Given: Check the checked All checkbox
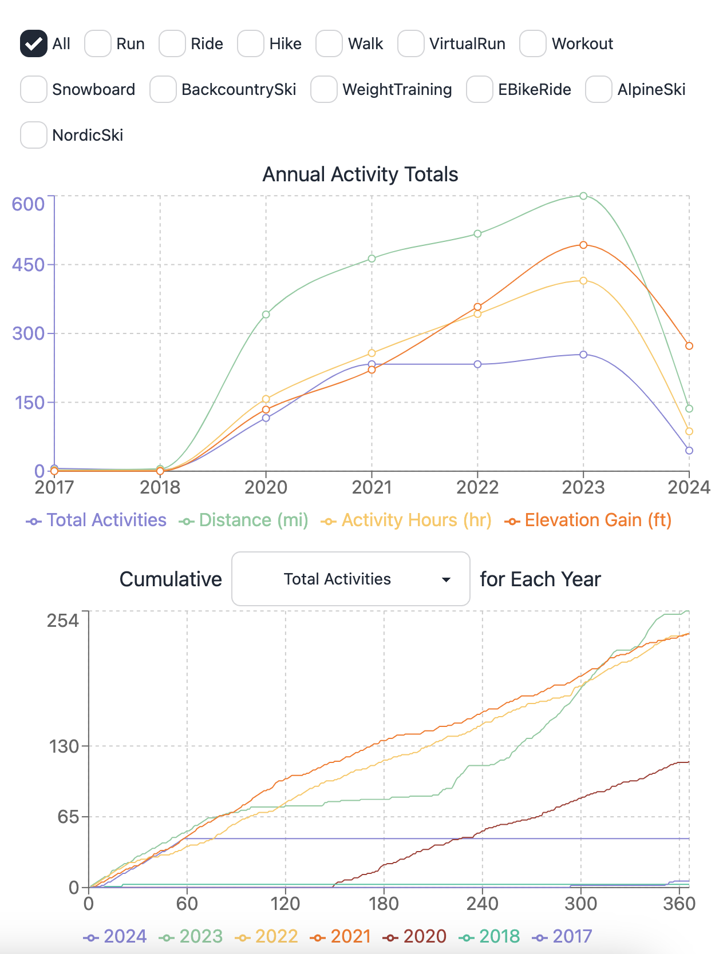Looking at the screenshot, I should point(33,43).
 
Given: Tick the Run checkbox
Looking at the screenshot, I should point(98,43).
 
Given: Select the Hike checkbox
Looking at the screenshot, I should point(251,43).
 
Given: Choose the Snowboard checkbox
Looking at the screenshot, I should point(33,89).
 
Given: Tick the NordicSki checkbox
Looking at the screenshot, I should point(33,135).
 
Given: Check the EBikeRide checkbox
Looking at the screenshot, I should point(480,89).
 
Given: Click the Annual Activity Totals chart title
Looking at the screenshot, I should point(360,174).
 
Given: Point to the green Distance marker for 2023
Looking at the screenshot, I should point(583,196).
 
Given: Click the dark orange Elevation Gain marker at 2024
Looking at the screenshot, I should point(689,346).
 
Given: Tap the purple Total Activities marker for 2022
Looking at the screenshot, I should point(477,364).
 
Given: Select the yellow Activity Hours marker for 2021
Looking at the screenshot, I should point(372,353).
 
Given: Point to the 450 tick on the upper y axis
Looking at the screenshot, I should point(29,265).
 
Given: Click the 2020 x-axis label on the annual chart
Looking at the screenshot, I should point(266,487).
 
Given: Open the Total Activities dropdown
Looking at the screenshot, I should point(350,579).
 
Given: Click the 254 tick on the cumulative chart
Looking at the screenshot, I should point(63,620).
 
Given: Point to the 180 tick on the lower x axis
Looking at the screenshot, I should point(384,904).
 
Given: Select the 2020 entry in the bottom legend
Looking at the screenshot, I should point(416,936).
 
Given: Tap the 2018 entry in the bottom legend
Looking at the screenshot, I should point(490,936).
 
